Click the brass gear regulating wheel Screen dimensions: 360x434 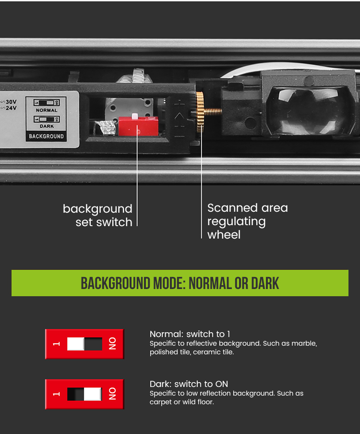[x=200, y=112]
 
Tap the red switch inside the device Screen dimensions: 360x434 [x=138, y=126]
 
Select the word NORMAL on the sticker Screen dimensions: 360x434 [x=47, y=110]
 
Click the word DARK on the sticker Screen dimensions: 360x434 [x=47, y=126]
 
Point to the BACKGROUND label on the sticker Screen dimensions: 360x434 [x=46, y=136]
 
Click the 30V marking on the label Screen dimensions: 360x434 [x=11, y=102]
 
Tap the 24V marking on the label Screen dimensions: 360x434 [x=11, y=108]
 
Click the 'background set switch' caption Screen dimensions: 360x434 [x=97, y=216]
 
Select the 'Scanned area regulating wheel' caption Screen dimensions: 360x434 [x=248, y=221]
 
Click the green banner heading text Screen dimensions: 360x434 [x=180, y=283]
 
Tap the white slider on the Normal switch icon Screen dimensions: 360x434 [x=75, y=344]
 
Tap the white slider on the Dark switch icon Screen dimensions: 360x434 [x=93, y=394]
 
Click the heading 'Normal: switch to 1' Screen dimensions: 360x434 [x=190, y=334]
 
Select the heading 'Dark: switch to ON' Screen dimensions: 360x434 [x=189, y=384]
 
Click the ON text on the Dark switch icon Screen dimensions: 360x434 [x=112, y=394]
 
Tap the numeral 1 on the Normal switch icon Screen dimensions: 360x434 [x=57, y=344]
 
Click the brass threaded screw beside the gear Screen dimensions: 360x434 [x=213, y=111]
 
